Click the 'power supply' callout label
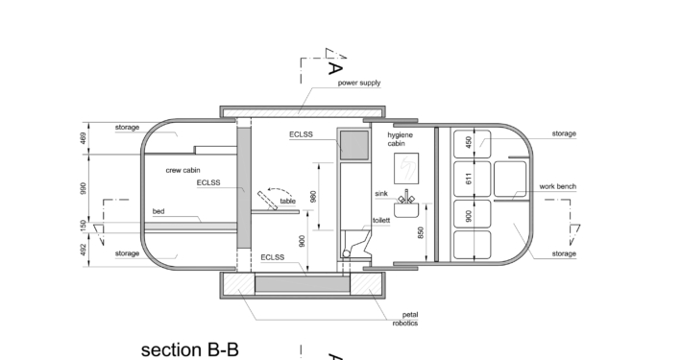[359, 83]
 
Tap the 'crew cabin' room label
[183, 170]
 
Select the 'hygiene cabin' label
[401, 139]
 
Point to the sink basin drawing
[406, 206]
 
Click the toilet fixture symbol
[356, 244]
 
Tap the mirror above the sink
[406, 168]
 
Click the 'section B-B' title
[190, 349]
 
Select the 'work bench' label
[557, 186]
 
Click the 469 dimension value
[84, 138]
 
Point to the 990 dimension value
[84, 188]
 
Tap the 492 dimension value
[84, 250]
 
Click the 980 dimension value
[313, 196]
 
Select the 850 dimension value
[421, 232]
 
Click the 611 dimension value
[469, 179]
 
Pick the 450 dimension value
[469, 142]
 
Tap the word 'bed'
[158, 211]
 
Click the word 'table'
[287, 201]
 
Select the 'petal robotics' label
[405, 319]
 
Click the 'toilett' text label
[381, 221]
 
